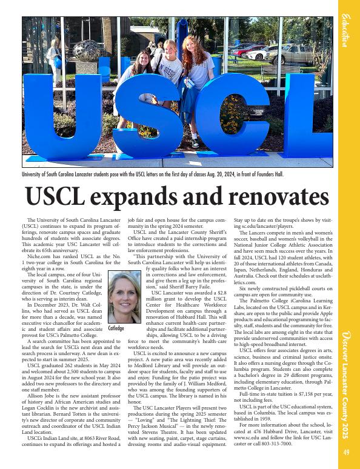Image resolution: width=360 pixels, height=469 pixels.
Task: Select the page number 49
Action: click(x=346, y=451)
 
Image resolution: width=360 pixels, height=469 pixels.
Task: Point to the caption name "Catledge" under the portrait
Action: click(x=116, y=328)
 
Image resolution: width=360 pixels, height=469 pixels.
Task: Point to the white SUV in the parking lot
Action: click(x=282, y=55)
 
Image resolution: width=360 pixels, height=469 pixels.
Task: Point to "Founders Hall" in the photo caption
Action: click(x=266, y=175)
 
